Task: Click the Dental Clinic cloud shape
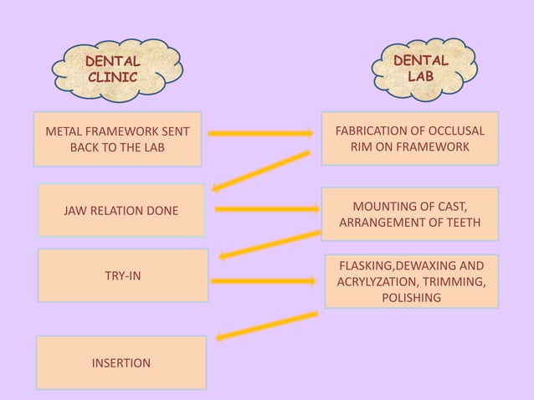coord(116,68)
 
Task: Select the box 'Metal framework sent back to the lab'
coord(117,139)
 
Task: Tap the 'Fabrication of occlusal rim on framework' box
coord(410,139)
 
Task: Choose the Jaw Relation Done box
coord(121,210)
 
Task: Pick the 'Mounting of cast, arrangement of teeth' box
coord(410,214)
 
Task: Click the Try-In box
coord(122,275)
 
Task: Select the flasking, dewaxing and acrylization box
coord(411,281)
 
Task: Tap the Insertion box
coord(121,363)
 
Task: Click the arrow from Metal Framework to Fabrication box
coord(259,132)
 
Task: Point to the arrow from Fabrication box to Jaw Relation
coord(261,171)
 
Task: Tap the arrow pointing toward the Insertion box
coord(266,326)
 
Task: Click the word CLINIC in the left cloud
coord(112,76)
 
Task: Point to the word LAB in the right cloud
coord(421,76)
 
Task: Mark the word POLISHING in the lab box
coord(411,297)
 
